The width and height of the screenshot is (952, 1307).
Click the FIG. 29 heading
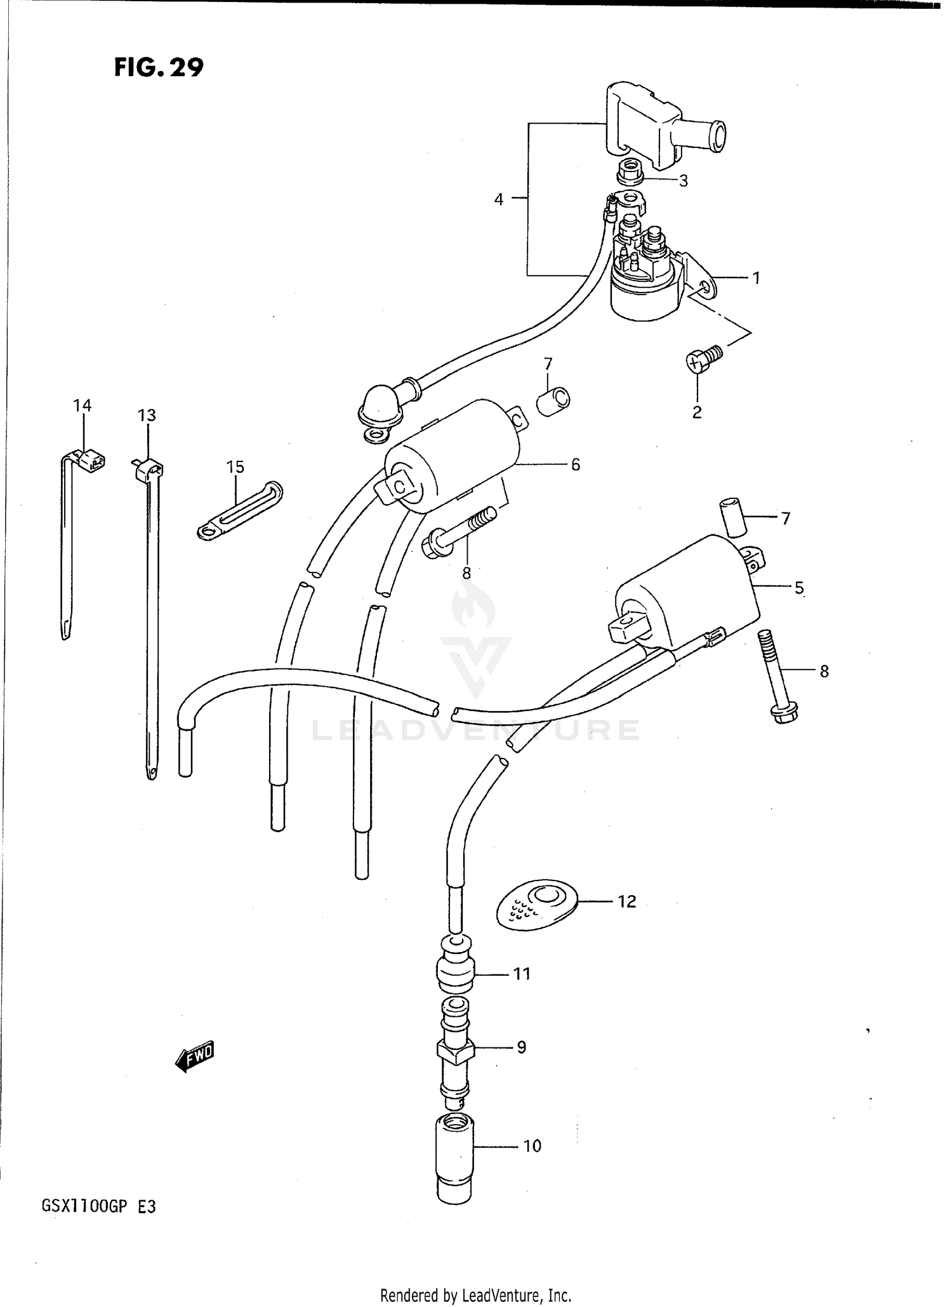coord(159,67)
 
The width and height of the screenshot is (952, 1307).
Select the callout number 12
coord(626,901)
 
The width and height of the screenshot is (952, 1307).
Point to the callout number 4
coord(499,199)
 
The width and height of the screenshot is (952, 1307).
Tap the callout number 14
coord(83,405)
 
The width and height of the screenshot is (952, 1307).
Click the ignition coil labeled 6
coord(452,456)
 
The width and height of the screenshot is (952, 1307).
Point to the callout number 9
coord(522,1047)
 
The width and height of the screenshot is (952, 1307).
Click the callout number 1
coord(756,277)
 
